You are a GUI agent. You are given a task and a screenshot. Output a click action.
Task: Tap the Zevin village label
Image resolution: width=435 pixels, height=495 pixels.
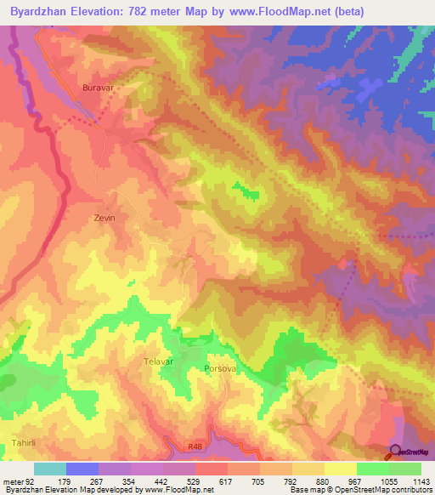tap(104, 218)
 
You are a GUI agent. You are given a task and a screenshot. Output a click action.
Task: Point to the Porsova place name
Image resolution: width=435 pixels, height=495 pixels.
tap(219, 370)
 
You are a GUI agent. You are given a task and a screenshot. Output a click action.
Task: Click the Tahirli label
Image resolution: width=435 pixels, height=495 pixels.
tap(26, 444)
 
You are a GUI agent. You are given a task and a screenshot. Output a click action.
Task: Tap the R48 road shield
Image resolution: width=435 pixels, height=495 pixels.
tap(195, 444)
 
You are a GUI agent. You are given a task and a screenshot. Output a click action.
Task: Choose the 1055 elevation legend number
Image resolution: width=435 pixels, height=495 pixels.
tap(387, 482)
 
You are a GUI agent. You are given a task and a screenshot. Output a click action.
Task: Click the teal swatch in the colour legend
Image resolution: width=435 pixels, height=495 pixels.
tap(50, 469)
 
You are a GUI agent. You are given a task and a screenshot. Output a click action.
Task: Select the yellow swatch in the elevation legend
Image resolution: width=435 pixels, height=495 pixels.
tap(341, 469)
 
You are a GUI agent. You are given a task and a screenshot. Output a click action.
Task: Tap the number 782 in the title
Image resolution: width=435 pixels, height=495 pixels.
tap(153, 12)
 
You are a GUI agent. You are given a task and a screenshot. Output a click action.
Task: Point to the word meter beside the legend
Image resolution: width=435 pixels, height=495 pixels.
tap(14, 482)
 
